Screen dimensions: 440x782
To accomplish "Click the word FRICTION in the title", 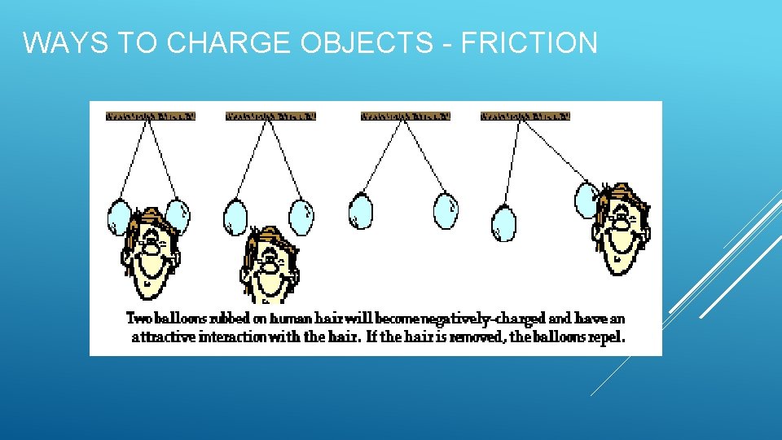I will click(529, 42).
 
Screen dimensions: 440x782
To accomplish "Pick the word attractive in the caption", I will click(163, 337).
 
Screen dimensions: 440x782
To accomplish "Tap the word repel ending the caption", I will click(608, 337).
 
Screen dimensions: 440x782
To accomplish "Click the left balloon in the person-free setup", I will click(360, 211).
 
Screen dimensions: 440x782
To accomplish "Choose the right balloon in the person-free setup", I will click(446, 211).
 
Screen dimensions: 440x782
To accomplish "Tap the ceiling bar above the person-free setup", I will click(405, 117).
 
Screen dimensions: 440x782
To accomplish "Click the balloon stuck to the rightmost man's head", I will click(586, 200).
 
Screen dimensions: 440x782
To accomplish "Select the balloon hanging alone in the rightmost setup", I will click(504, 223).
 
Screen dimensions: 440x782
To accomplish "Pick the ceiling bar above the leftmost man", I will click(150, 117).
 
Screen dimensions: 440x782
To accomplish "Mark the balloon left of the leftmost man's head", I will click(119, 218).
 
